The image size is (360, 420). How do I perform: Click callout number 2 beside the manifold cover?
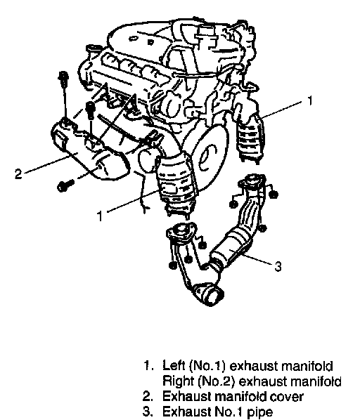click(x=18, y=174)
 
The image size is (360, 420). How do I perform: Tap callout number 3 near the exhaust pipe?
click(x=278, y=266)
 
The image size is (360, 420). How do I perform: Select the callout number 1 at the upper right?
click(x=310, y=100)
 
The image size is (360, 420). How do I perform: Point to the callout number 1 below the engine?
click(x=100, y=216)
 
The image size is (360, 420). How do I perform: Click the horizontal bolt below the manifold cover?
click(x=65, y=185)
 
